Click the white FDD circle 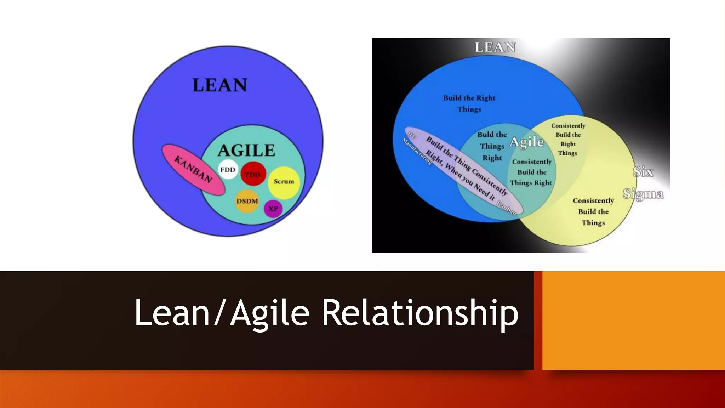point(228,170)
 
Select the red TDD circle point(253,174)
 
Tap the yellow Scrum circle point(284,182)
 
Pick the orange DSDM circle point(247,201)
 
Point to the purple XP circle point(273,209)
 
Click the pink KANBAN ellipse point(193,169)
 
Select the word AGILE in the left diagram point(246,151)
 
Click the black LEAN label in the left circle point(220,85)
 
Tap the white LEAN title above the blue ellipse point(495,47)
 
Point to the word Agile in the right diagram point(526,142)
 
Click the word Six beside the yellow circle point(643,172)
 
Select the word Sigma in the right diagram point(643,194)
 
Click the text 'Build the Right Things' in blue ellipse point(469,103)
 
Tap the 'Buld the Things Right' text point(492,146)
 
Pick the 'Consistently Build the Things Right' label point(531,172)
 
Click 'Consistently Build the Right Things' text point(568,139)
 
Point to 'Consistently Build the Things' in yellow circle point(593,211)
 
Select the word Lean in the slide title point(172,313)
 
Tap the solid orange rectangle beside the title point(633,320)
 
